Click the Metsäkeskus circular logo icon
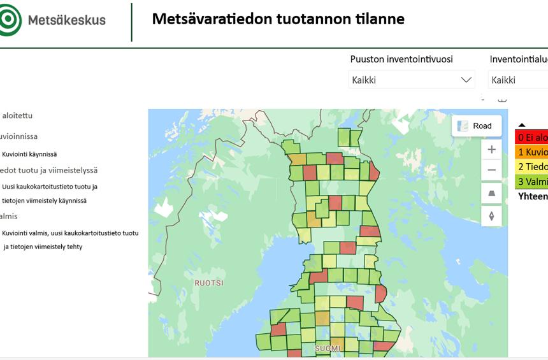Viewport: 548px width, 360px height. (9, 19)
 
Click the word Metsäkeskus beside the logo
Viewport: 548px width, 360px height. (67, 20)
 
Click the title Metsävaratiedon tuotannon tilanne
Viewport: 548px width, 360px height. (278, 18)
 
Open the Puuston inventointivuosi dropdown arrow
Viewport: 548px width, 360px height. (466, 80)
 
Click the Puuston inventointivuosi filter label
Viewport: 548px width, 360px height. (401, 59)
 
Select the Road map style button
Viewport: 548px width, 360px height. (476, 126)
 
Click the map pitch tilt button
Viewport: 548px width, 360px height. (491, 193)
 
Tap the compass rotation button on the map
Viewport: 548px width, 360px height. (491, 216)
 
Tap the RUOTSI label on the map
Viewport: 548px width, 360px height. (209, 282)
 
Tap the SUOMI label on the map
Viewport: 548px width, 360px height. (328, 349)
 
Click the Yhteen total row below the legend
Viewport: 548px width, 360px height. (533, 196)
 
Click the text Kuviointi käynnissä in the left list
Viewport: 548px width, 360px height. (29, 154)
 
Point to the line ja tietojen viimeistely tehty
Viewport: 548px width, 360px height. (43, 247)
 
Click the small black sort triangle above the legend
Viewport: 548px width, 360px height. (522, 125)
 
